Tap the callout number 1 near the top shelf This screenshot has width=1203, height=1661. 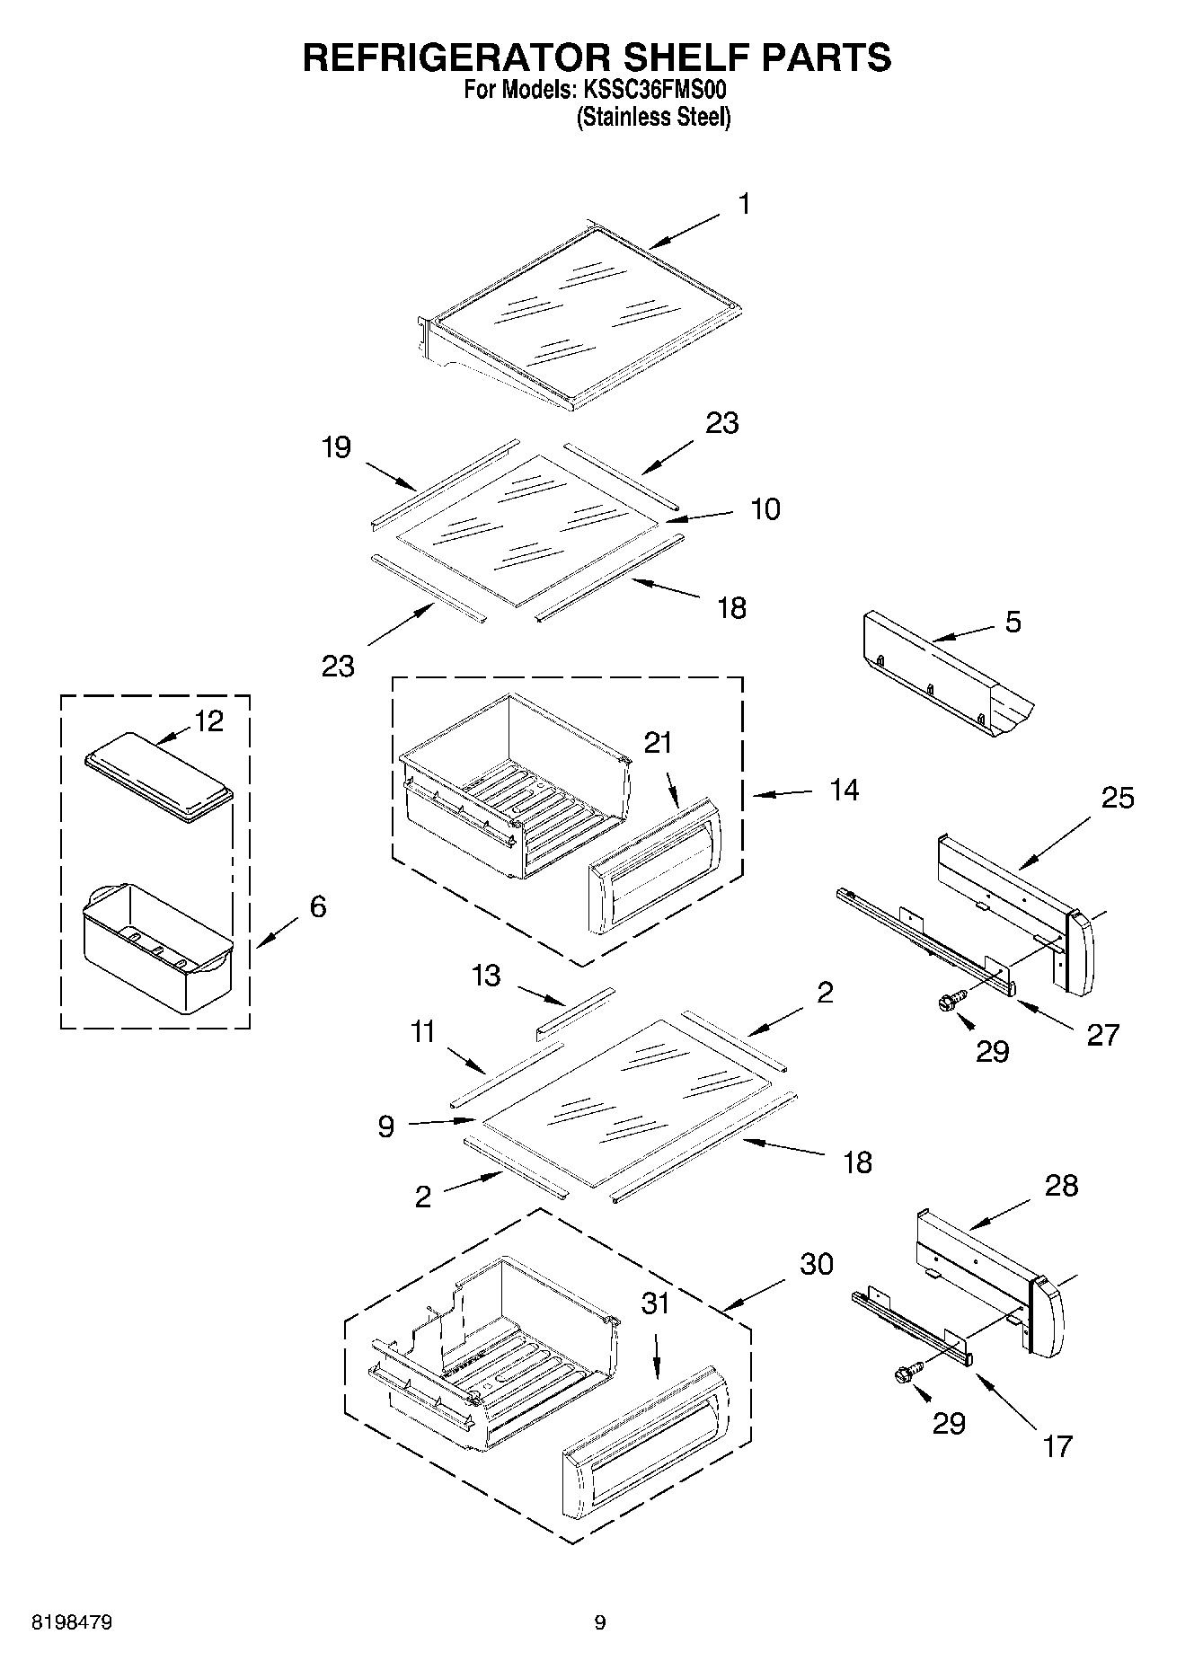click(744, 205)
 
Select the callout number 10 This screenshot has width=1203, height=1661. click(765, 509)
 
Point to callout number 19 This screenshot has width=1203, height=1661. click(336, 447)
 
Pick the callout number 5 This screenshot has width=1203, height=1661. click(1013, 622)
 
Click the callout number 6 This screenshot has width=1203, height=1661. click(318, 906)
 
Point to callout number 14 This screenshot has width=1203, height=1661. click(844, 791)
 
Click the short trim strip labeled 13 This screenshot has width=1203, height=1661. click(575, 1013)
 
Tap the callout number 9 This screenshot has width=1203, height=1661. click(386, 1126)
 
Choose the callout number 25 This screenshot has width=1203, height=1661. click(1118, 798)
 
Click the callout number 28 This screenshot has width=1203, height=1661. click(1061, 1186)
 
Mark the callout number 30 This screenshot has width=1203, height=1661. click(817, 1264)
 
